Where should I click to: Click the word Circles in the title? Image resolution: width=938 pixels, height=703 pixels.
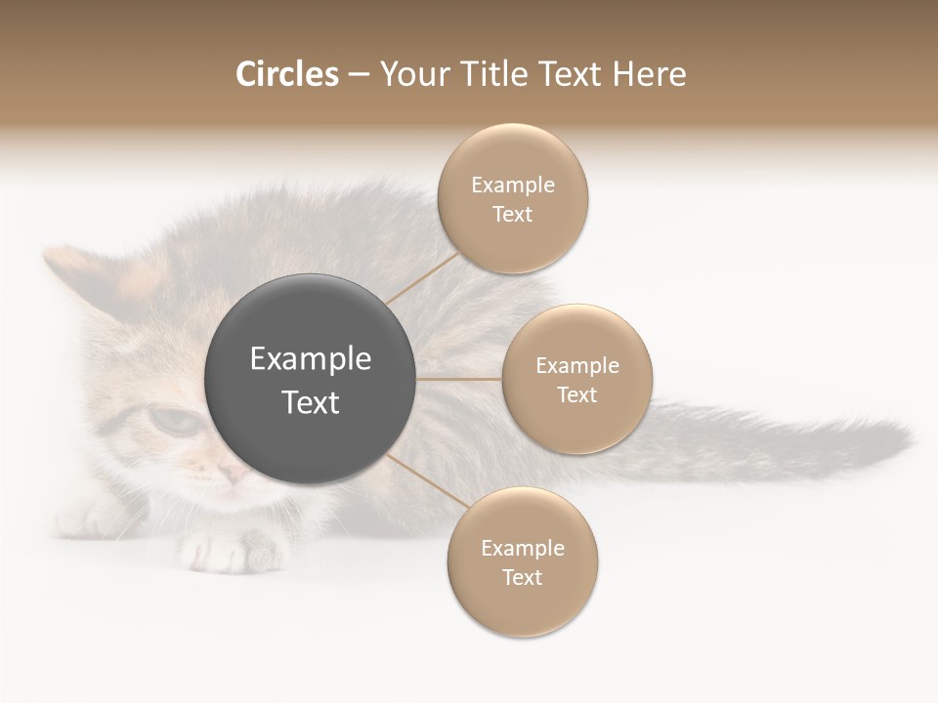coord(286,74)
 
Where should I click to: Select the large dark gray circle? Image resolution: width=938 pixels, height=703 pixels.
coord(311,379)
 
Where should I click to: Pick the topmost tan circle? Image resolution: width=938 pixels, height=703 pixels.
coord(513,199)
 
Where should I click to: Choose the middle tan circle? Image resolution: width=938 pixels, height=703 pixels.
coord(576,379)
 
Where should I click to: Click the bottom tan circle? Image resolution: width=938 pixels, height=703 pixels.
coord(522,562)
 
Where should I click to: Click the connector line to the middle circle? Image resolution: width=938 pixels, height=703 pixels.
coord(459,379)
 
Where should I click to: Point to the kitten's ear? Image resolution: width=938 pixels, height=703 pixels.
coord(73,269)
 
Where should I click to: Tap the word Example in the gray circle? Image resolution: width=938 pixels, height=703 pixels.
coord(311,359)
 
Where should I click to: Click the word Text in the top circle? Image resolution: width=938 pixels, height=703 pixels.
coord(513,215)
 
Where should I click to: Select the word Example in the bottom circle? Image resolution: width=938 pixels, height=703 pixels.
coord(523,549)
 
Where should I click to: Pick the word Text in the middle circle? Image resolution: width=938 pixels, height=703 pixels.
coord(576,394)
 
